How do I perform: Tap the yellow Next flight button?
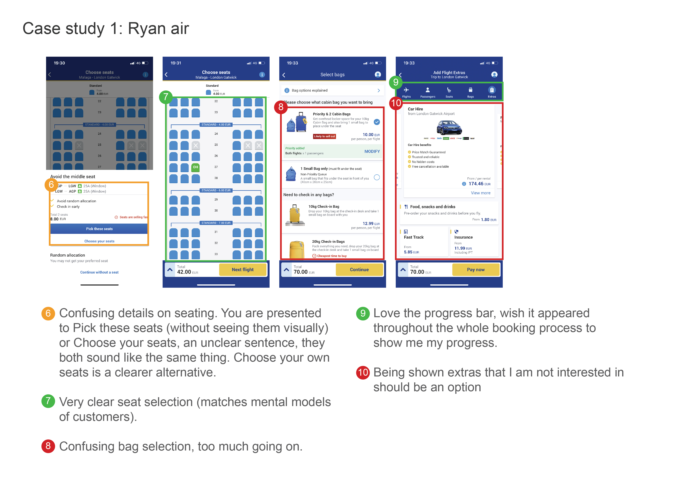click(x=242, y=270)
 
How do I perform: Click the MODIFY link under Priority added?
click(x=372, y=151)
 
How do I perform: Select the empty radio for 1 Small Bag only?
click(x=377, y=177)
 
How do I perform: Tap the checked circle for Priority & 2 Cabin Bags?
click(x=377, y=122)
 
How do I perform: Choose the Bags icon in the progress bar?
click(x=470, y=92)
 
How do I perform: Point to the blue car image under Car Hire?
click(x=449, y=128)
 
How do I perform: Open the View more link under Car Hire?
click(x=480, y=193)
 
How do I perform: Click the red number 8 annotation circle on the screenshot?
click(x=281, y=107)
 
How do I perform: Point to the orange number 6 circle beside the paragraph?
click(x=48, y=313)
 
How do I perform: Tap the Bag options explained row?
click(x=332, y=91)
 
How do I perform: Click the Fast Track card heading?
click(x=414, y=237)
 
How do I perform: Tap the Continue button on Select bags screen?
click(x=359, y=270)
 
